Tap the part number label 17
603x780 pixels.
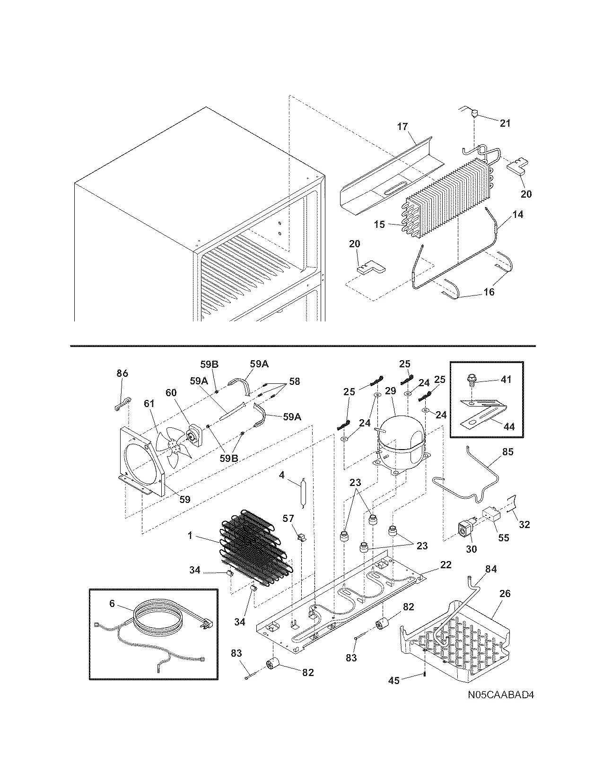pyautogui.click(x=402, y=127)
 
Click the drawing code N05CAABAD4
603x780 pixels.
pyautogui.click(x=501, y=695)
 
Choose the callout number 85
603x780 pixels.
pyautogui.click(x=507, y=452)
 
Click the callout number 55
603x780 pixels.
pyautogui.click(x=504, y=538)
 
